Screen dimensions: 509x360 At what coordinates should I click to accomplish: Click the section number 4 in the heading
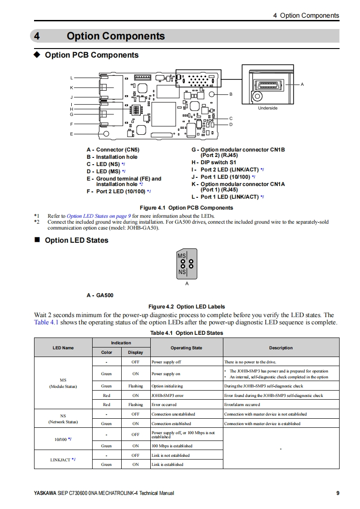pyautogui.click(x=37, y=36)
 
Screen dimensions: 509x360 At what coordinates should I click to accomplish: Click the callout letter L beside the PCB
pyautogui.click(x=71, y=78)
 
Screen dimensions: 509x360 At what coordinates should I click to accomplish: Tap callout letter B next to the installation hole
pyautogui.click(x=231, y=94)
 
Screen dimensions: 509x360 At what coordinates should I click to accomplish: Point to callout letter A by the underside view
pyautogui.click(x=302, y=85)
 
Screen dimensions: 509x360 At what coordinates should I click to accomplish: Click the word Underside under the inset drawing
pyautogui.click(x=267, y=108)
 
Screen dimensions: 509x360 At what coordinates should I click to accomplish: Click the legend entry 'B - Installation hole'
pyautogui.click(x=112, y=157)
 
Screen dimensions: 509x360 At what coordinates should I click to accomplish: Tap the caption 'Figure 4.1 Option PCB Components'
pyautogui.click(x=187, y=208)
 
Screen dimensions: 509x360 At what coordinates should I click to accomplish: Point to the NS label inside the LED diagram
pyautogui.click(x=182, y=272)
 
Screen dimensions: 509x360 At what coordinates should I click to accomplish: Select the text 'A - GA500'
pyautogui.click(x=100, y=295)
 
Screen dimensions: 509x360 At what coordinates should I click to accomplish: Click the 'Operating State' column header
pyautogui.click(x=186, y=348)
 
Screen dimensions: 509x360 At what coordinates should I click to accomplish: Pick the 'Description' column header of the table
pyautogui.click(x=281, y=348)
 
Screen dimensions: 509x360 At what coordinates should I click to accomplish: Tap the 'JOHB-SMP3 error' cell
pyautogui.click(x=168, y=395)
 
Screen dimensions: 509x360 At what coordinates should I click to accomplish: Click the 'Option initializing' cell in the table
pyautogui.click(x=168, y=386)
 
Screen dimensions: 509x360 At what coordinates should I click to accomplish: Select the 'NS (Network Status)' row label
pyautogui.click(x=63, y=418)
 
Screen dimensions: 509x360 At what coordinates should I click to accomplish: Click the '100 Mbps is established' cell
pyautogui.click(x=172, y=446)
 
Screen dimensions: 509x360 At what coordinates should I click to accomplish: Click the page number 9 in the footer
pyautogui.click(x=338, y=493)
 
